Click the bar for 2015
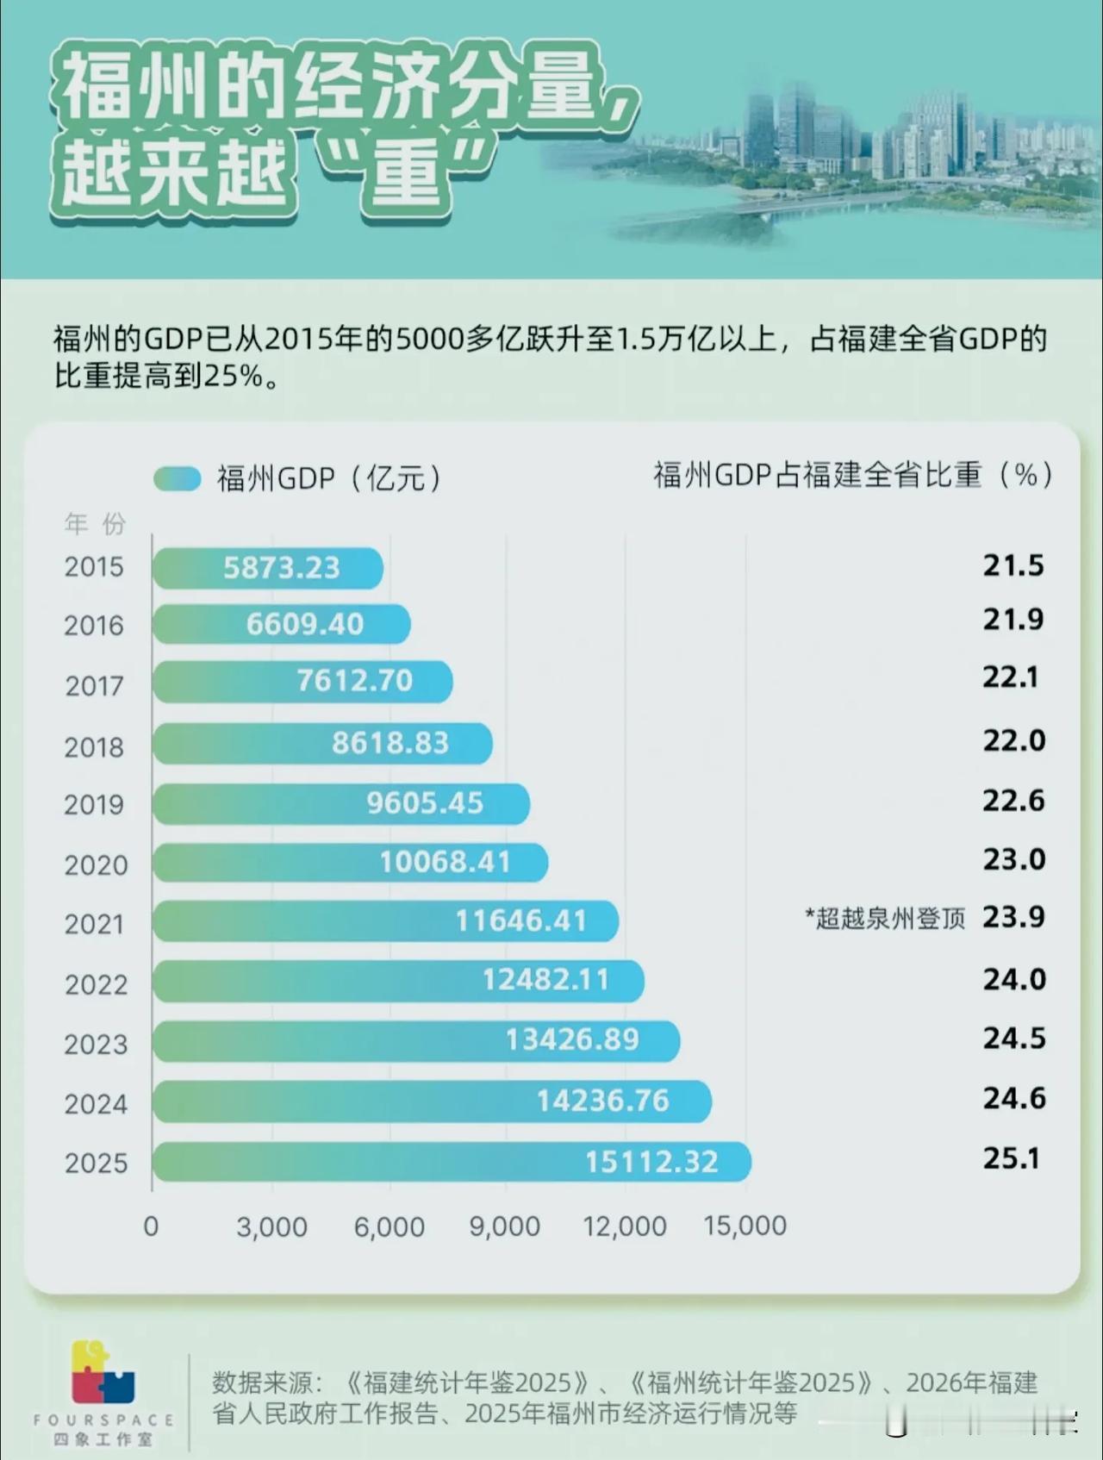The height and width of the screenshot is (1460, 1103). (267, 568)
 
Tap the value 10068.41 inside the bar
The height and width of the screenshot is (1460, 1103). (445, 862)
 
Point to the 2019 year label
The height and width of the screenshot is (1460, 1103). (94, 805)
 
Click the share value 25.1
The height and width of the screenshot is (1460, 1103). (1012, 1158)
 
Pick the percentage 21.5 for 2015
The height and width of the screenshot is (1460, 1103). (1013, 565)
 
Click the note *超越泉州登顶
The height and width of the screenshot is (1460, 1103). (885, 919)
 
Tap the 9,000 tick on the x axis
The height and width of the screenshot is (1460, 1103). (505, 1226)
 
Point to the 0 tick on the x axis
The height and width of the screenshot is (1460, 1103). (151, 1226)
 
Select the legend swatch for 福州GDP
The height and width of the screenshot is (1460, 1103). (178, 478)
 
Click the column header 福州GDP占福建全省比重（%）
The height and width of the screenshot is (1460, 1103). (853, 475)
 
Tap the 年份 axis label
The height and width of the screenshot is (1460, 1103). (95, 523)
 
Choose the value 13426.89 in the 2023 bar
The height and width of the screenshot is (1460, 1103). (572, 1039)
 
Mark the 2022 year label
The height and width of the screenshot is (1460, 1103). (96, 984)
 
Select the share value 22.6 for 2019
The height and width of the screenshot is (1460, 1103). (1013, 801)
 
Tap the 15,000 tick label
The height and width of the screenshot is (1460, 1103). (745, 1226)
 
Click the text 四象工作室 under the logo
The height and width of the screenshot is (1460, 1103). (103, 1440)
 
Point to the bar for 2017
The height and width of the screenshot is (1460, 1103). (302, 682)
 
